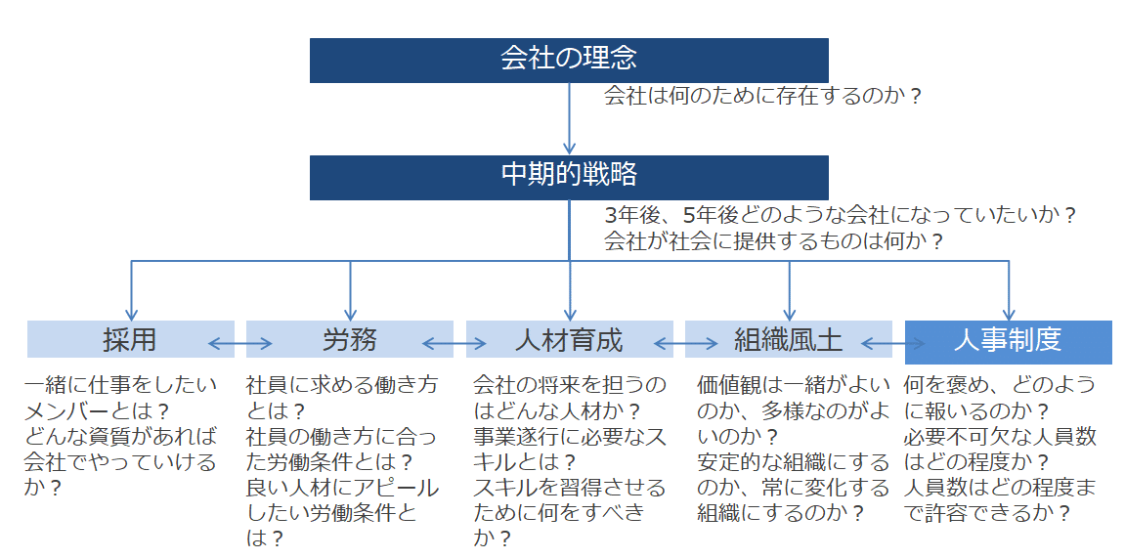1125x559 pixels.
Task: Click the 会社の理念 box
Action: [569, 61]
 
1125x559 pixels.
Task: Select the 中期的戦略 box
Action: [569, 177]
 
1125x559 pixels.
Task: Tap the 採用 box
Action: [131, 339]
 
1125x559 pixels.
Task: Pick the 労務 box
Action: [350, 339]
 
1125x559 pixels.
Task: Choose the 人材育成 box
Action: [570, 339]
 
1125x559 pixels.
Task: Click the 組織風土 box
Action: [789, 339]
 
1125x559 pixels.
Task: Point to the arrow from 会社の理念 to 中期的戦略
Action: [569, 118]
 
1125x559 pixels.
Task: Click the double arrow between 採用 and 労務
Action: [240, 344]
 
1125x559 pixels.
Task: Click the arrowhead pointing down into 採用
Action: [131, 315]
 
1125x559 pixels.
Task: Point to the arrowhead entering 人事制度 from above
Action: [1009, 315]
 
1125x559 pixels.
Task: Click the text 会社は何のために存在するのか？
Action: [762, 96]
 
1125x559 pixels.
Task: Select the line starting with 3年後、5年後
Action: [841, 215]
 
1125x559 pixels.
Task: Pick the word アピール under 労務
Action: [393, 488]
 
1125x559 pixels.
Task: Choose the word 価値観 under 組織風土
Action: [729, 385]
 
